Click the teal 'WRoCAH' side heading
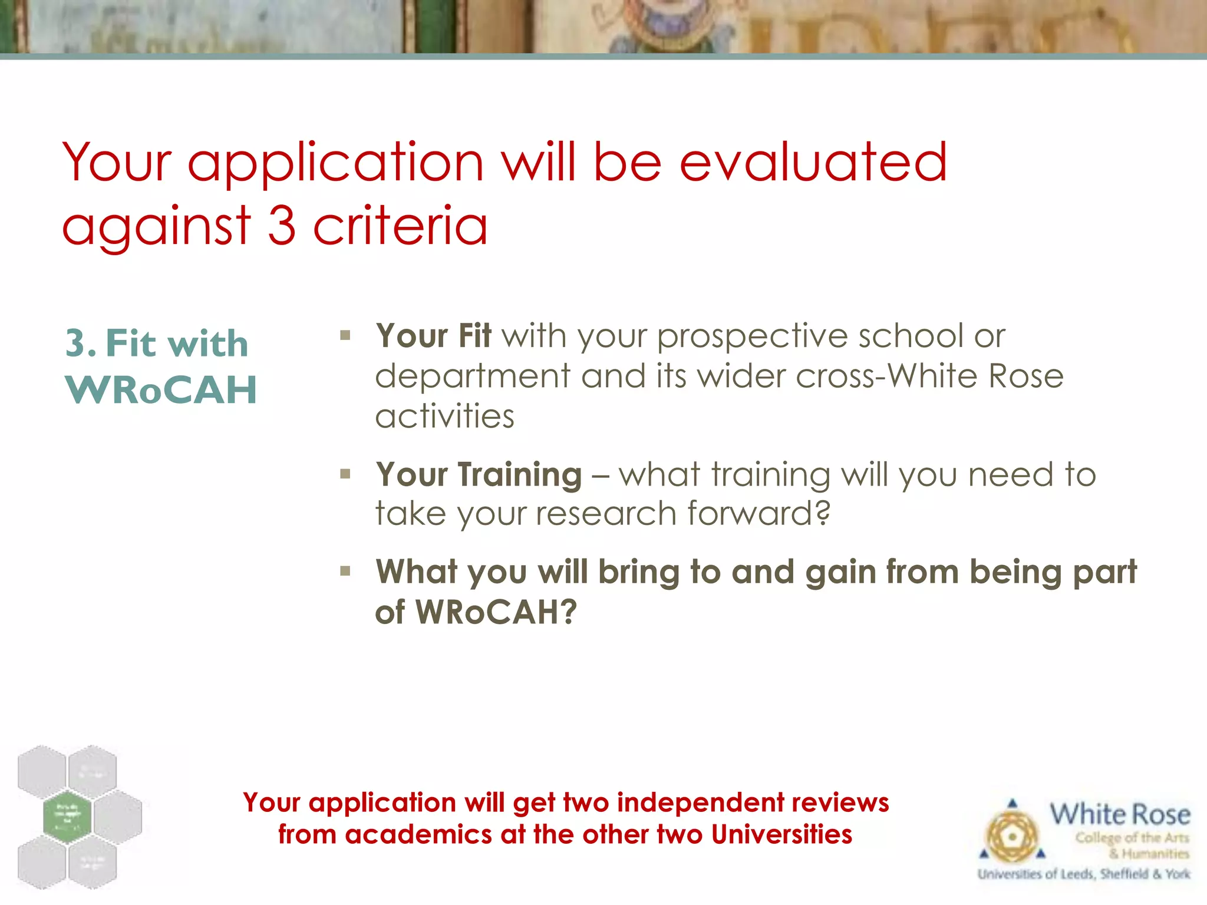tap(161, 390)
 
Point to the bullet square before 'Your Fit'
tap(345, 336)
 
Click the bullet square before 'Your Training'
tap(345, 474)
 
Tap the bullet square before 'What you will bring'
tap(345, 570)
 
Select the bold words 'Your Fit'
tap(433, 336)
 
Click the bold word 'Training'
tap(520, 475)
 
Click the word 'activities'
tap(445, 417)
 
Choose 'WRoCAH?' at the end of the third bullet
tap(496, 612)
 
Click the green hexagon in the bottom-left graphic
tap(67, 817)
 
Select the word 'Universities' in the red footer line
tap(781, 834)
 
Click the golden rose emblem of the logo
tap(1012, 836)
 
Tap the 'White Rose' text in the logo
tap(1119, 815)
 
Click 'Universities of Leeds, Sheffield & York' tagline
tap(1083, 874)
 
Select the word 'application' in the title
tap(336, 163)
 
